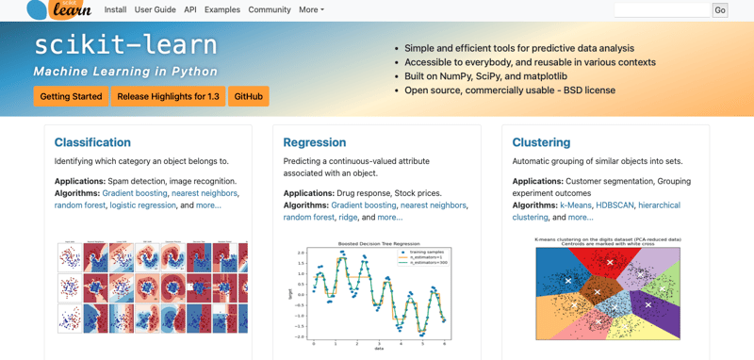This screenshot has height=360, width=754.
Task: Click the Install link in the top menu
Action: point(115,9)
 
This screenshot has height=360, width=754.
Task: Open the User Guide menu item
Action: point(156,9)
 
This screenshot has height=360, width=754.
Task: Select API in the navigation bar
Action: point(190,9)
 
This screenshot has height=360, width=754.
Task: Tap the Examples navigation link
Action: point(222,9)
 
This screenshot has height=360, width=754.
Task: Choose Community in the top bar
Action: point(270,9)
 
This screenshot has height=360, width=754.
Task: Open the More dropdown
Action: point(311,9)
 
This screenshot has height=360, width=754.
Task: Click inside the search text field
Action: point(662,9)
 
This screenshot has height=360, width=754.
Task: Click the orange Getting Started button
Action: point(71,96)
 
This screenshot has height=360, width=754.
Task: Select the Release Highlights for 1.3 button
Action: point(168,96)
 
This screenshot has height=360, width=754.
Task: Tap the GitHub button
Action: point(249,96)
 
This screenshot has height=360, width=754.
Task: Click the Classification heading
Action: point(92,142)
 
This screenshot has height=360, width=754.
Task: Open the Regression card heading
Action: point(315,142)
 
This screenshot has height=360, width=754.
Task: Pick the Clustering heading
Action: point(541,142)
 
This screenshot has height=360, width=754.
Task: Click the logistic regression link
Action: point(142,205)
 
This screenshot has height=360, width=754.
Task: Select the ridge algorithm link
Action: point(349,217)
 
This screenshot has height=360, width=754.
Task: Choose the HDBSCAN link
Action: point(614,205)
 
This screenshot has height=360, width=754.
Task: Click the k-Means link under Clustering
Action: point(576,205)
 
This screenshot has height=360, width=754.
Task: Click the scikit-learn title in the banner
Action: point(125,45)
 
